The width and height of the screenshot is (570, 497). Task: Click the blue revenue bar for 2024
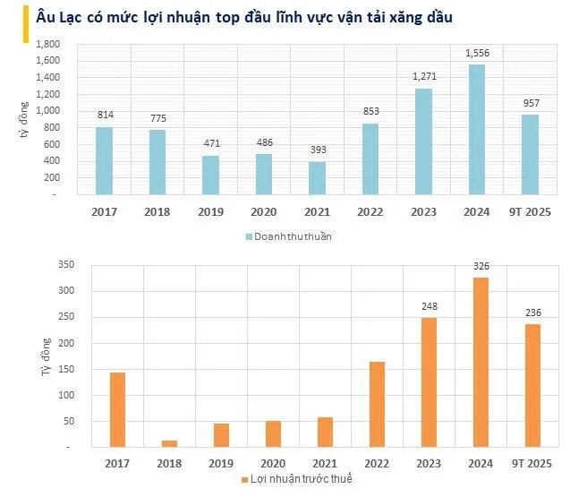click(477, 130)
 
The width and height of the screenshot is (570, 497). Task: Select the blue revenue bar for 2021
click(317, 178)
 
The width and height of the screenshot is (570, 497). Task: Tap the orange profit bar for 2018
click(169, 444)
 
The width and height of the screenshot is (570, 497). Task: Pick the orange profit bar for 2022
click(377, 405)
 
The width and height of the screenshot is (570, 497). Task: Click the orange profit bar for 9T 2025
click(533, 386)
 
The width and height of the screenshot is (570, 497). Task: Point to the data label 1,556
click(477, 53)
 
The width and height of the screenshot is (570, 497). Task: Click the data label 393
click(318, 150)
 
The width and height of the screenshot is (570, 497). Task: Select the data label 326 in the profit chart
click(481, 266)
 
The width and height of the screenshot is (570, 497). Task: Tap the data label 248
click(430, 306)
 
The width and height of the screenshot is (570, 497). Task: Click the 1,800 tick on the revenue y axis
click(47, 44)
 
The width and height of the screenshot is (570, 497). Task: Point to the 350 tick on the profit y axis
click(66, 264)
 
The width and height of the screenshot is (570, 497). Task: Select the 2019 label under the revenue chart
click(210, 211)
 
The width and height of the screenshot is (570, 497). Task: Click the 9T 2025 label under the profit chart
click(532, 464)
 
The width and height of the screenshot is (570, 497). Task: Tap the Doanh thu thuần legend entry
click(289, 236)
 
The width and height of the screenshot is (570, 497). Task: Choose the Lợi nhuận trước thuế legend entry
click(297, 479)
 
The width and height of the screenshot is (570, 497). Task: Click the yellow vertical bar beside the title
click(26, 24)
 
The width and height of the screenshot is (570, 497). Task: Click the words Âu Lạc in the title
click(58, 17)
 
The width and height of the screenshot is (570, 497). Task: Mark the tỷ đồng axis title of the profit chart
click(46, 357)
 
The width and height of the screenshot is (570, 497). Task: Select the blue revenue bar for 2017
click(104, 161)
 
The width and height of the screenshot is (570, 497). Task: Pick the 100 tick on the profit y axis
click(66, 395)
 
